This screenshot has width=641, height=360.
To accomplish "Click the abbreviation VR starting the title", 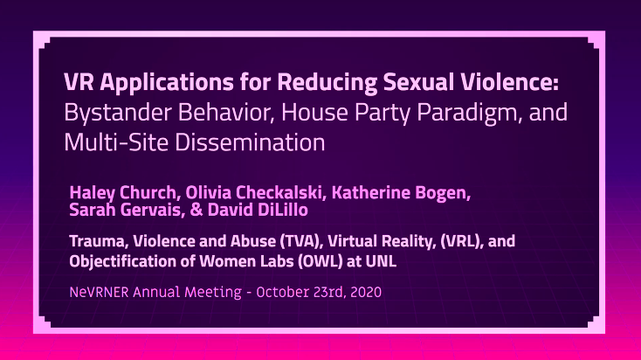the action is pyautogui.click(x=79, y=82).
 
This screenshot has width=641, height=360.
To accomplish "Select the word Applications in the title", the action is pyautogui.click(x=167, y=84).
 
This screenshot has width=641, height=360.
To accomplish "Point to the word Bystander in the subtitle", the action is pyautogui.click(x=118, y=113).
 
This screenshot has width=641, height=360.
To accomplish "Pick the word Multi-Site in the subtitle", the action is pyautogui.click(x=116, y=142).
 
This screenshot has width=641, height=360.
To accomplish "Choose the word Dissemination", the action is pyautogui.click(x=250, y=142).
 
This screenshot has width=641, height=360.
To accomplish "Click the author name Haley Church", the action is pyautogui.click(x=122, y=193).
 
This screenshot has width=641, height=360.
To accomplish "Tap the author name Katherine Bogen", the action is pyautogui.click(x=401, y=193).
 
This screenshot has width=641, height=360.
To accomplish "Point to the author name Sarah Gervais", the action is pyautogui.click(x=125, y=210).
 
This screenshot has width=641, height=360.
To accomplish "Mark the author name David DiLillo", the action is pyautogui.click(x=258, y=210).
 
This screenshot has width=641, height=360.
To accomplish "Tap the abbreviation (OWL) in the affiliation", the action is pyautogui.click(x=320, y=261).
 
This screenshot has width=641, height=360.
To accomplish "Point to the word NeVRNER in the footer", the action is pyautogui.click(x=99, y=292).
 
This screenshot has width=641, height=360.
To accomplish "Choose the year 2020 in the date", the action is pyautogui.click(x=366, y=292).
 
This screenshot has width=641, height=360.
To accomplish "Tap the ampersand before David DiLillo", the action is pyautogui.click(x=196, y=211).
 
